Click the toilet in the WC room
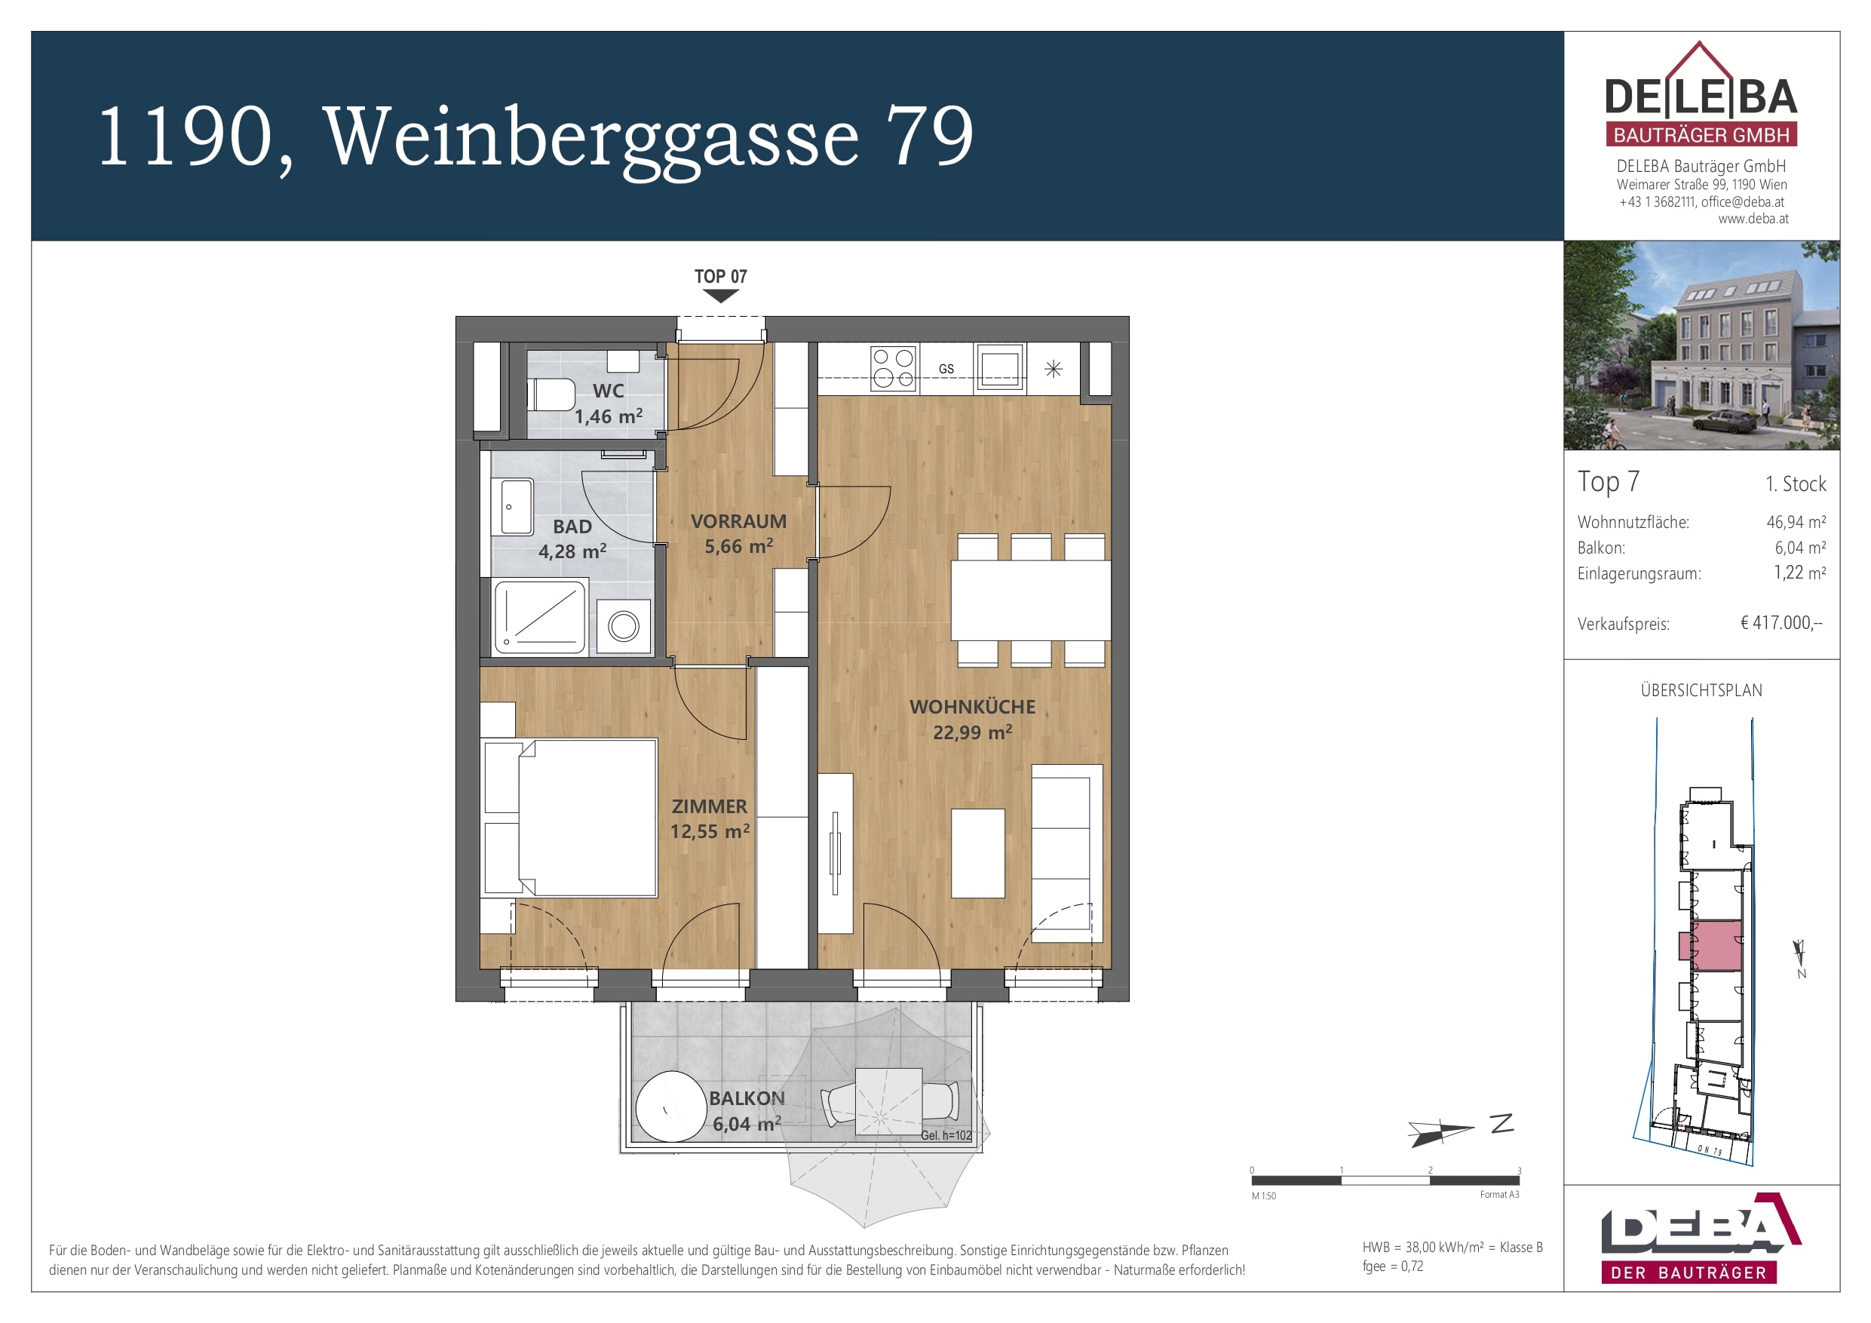coord(553,394)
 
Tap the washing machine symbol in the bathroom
coord(624,626)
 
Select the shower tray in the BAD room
coord(539,616)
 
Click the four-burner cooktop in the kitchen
coord(893,368)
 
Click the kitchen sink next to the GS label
coord(1000,368)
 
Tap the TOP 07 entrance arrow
coord(720,296)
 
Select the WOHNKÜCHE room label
coord(972,708)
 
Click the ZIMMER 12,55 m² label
coord(709,818)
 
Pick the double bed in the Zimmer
coord(570,817)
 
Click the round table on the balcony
coord(670,1107)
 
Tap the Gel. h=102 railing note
coord(946,1135)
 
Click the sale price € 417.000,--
coord(1781,623)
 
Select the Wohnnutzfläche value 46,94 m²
coord(1796,523)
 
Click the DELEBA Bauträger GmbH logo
coord(1701,98)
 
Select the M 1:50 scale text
coord(1264,1196)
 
